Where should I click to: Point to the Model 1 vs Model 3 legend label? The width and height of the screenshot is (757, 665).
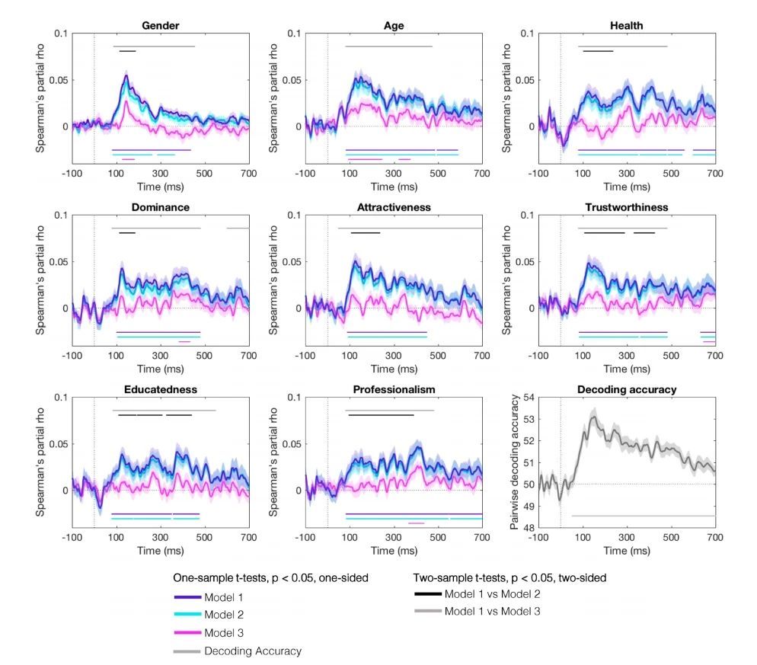click(493, 611)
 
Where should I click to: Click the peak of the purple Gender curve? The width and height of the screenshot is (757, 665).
click(126, 75)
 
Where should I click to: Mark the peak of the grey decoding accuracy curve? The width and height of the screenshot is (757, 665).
click(593, 415)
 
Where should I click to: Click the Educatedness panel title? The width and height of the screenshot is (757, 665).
click(161, 389)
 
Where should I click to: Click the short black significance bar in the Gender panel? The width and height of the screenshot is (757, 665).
click(127, 51)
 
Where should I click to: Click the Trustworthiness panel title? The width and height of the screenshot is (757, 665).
click(627, 206)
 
